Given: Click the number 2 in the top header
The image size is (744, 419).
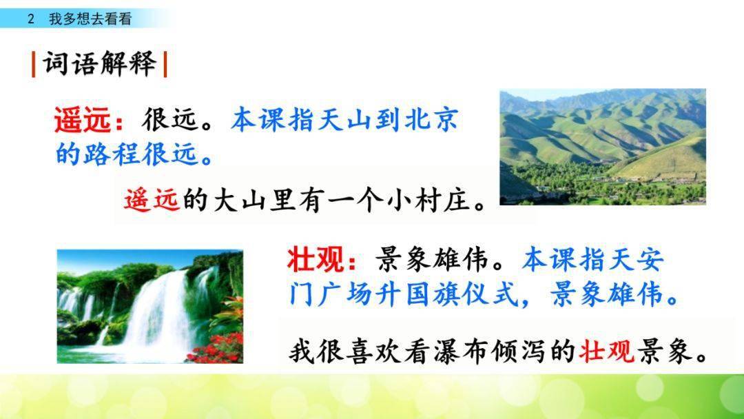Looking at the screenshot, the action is tap(31, 19).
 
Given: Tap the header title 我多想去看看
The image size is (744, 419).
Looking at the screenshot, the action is tap(90, 19).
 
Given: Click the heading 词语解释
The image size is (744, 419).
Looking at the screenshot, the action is tap(100, 63).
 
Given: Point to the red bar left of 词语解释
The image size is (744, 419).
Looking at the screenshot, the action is tap(33, 64).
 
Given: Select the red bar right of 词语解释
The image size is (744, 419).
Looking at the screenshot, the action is tap(165, 64).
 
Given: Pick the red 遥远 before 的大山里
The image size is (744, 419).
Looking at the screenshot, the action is tap(152, 199).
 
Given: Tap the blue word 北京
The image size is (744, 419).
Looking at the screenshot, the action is tap(432, 120).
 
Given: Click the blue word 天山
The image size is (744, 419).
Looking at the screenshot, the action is tap(345, 120).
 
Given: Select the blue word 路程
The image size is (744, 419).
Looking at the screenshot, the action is tap(113, 154).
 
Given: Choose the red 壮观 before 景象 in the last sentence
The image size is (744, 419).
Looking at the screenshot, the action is tap(606, 351).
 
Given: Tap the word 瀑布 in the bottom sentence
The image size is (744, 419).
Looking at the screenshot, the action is tap(461, 351).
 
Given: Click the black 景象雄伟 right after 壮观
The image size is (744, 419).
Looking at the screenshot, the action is tap(433, 260).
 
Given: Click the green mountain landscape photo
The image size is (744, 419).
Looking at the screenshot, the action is tap(603, 147).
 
